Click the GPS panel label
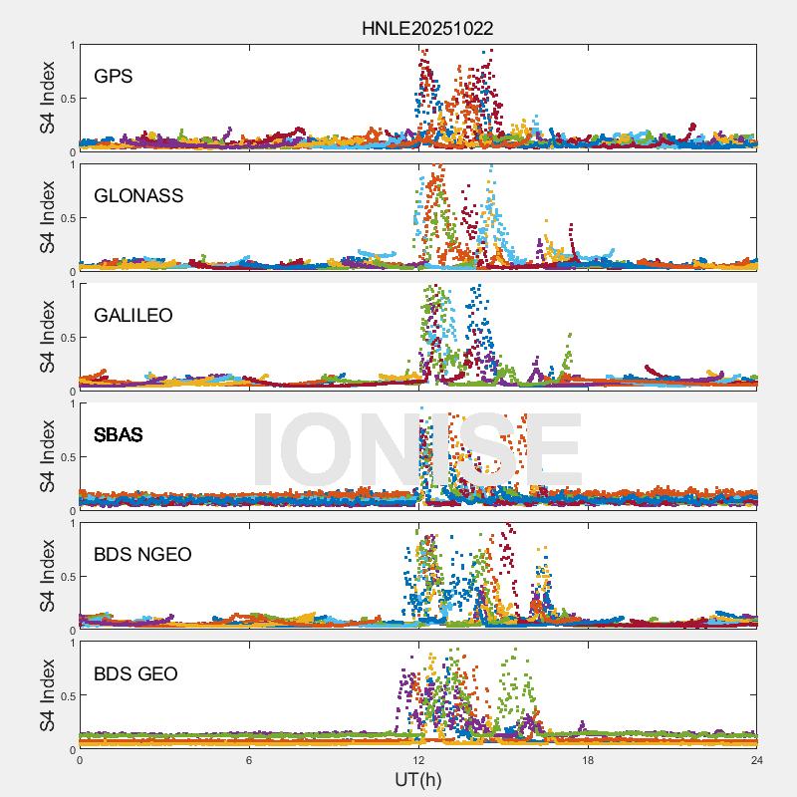pyautogui.click(x=114, y=76)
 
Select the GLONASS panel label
pyautogui.click(x=138, y=195)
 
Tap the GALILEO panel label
pyautogui.click(x=133, y=315)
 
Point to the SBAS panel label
pyautogui.click(x=119, y=434)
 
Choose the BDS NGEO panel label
pyautogui.click(x=142, y=554)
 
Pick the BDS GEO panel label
pyautogui.click(x=135, y=673)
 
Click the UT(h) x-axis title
pyautogui.click(x=417, y=778)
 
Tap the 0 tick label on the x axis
pyautogui.click(x=80, y=760)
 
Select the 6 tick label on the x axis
pyautogui.click(x=249, y=760)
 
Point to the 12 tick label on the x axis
pyautogui.click(x=418, y=760)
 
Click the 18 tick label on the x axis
pyautogui.click(x=588, y=760)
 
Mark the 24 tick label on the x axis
pyautogui.click(x=757, y=760)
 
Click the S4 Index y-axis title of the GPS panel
pyautogui.click(x=48, y=98)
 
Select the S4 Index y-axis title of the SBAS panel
pyautogui.click(x=48, y=456)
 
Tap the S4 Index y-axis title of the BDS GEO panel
pyautogui.click(x=48, y=695)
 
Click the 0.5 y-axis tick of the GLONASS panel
pyautogui.click(x=66, y=217)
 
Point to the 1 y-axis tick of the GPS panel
pyautogui.click(x=72, y=45)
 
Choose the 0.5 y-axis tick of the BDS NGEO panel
pyautogui.click(x=66, y=576)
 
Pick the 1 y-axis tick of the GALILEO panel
pyautogui.click(x=72, y=284)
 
